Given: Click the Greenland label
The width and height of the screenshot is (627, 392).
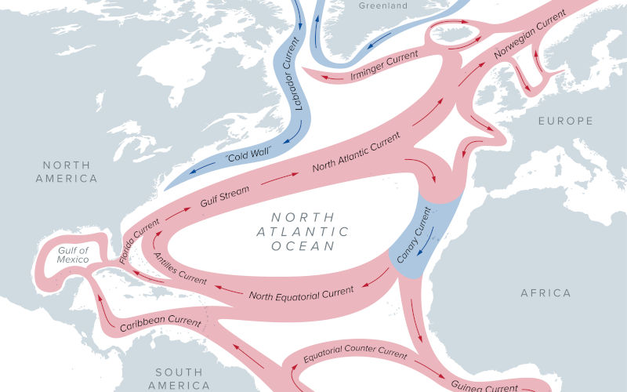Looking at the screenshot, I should tap(384, 6).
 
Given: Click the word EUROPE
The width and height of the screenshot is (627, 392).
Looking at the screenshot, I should tap(565, 121).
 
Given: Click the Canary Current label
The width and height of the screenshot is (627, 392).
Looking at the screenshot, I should tap(414, 233).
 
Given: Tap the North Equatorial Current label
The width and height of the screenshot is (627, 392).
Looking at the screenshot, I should tap(301, 293).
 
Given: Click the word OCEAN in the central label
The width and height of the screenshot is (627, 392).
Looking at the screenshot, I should tap(303, 246).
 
